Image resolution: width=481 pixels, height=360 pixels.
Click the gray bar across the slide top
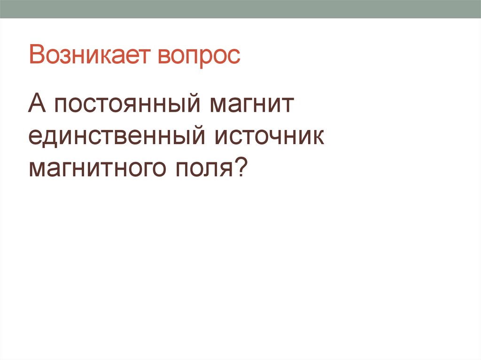(240, 9)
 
